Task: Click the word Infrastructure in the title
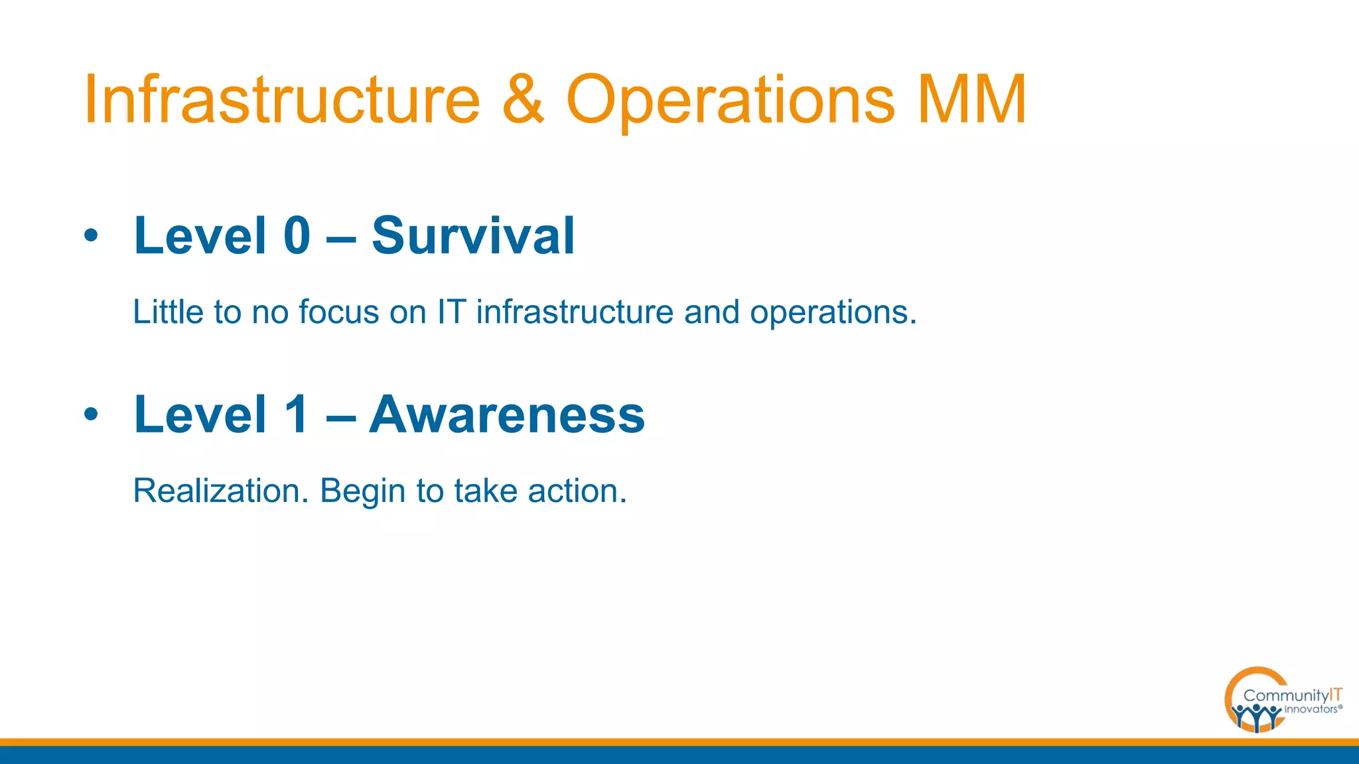281,99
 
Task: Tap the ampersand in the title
523,99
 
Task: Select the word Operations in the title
730,101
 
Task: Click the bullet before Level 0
91,235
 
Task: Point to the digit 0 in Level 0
297,235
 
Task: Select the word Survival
472,235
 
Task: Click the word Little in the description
168,312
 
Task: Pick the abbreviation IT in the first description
451,312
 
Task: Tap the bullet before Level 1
91,414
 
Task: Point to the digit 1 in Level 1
297,414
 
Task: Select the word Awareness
506,414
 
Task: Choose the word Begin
362,492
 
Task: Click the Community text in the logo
1285,696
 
